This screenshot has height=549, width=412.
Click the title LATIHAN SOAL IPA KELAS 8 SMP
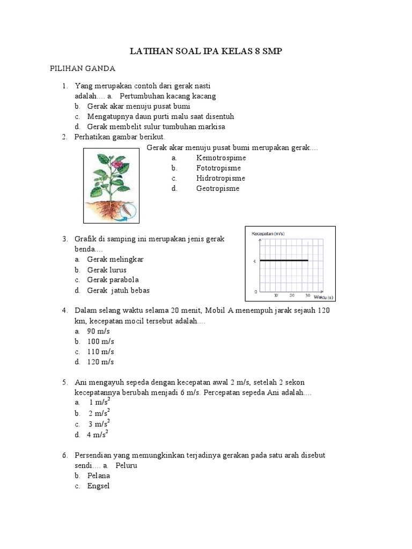point(206,51)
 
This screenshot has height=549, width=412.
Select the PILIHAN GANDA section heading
point(79,69)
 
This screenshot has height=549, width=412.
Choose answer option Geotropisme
point(217,188)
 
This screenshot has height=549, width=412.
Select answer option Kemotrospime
point(220,158)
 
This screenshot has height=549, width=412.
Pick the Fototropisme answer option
point(218,168)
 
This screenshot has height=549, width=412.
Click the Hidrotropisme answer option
point(220,178)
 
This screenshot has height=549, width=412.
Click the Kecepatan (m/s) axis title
point(268,234)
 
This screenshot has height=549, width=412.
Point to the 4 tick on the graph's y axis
point(254,261)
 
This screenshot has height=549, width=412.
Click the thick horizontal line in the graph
point(284,261)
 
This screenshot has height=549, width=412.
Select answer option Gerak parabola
point(113,280)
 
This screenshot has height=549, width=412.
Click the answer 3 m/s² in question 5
point(99,424)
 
